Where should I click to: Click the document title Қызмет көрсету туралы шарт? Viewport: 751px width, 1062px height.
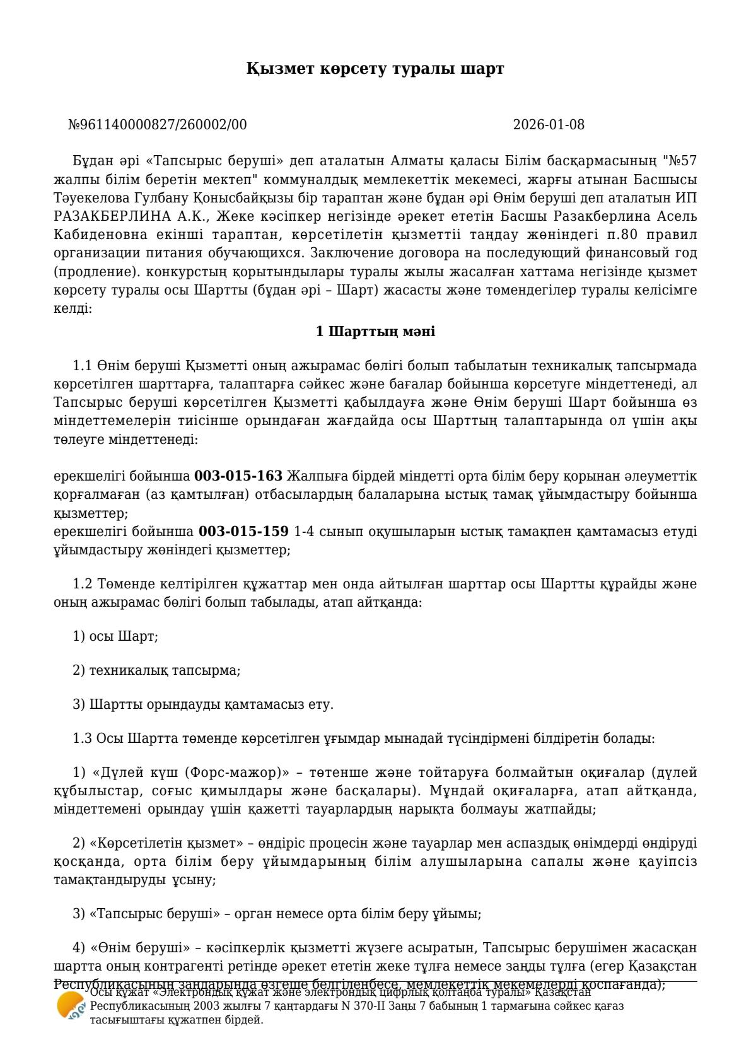[375, 69]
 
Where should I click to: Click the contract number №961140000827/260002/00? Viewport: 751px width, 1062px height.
[157, 125]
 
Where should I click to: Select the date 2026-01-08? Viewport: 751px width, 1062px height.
[548, 125]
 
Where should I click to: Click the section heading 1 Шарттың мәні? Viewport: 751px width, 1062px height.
[375, 331]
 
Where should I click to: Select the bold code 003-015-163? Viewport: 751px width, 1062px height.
[238, 476]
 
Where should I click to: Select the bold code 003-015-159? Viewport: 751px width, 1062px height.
[243, 532]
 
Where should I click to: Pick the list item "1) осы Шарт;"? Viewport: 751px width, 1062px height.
[115, 636]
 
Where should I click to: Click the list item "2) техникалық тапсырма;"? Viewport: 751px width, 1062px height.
[156, 670]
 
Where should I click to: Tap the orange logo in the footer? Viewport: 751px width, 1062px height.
[70, 1005]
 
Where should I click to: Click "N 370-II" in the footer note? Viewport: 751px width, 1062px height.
[368, 1006]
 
